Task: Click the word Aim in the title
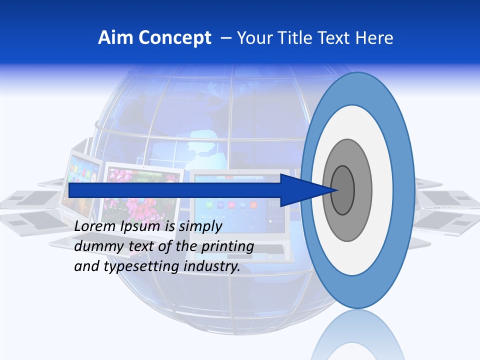115,38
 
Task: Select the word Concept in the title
174,38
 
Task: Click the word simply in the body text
200,226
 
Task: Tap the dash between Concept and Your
225,38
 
